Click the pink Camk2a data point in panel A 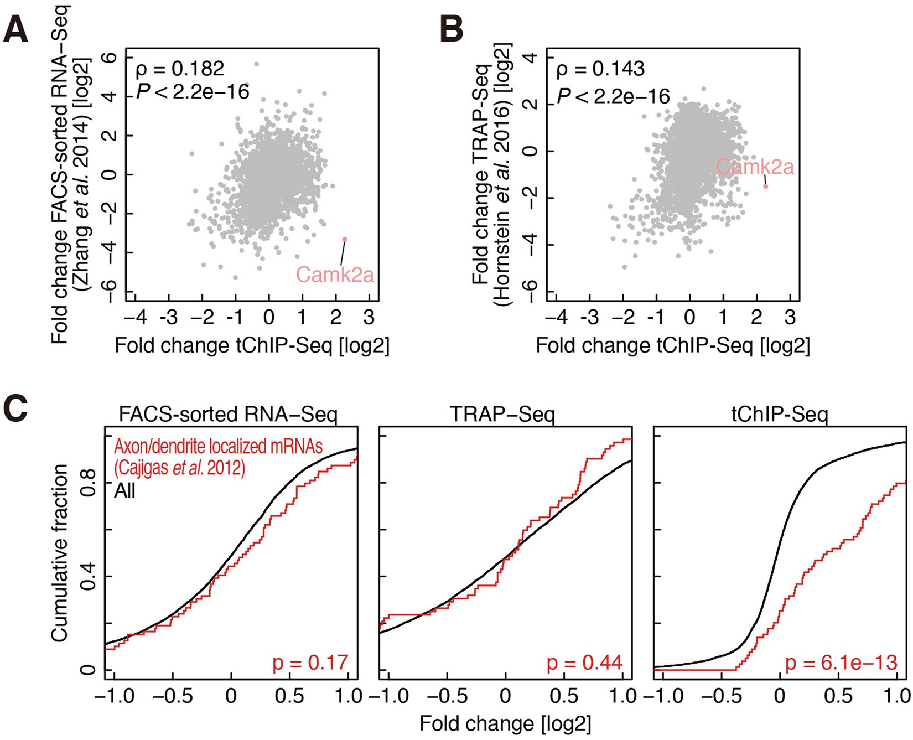click(x=344, y=240)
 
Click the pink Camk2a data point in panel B click(x=766, y=187)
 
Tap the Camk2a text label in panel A click(x=335, y=275)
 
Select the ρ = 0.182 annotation click(x=180, y=69)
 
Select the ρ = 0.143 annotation click(x=600, y=69)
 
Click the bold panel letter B click(x=451, y=29)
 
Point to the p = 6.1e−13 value click(x=841, y=663)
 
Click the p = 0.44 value click(x=584, y=663)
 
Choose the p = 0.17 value click(x=310, y=663)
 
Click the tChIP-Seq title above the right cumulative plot click(x=779, y=415)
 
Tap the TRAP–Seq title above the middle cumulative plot click(x=502, y=415)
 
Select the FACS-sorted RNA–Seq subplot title click(x=228, y=415)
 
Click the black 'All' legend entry click(x=124, y=490)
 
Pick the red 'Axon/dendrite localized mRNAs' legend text click(x=218, y=447)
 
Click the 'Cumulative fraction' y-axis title click(x=59, y=553)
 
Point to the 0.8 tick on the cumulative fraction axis click(x=88, y=483)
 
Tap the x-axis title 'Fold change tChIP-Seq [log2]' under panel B click(x=672, y=346)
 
